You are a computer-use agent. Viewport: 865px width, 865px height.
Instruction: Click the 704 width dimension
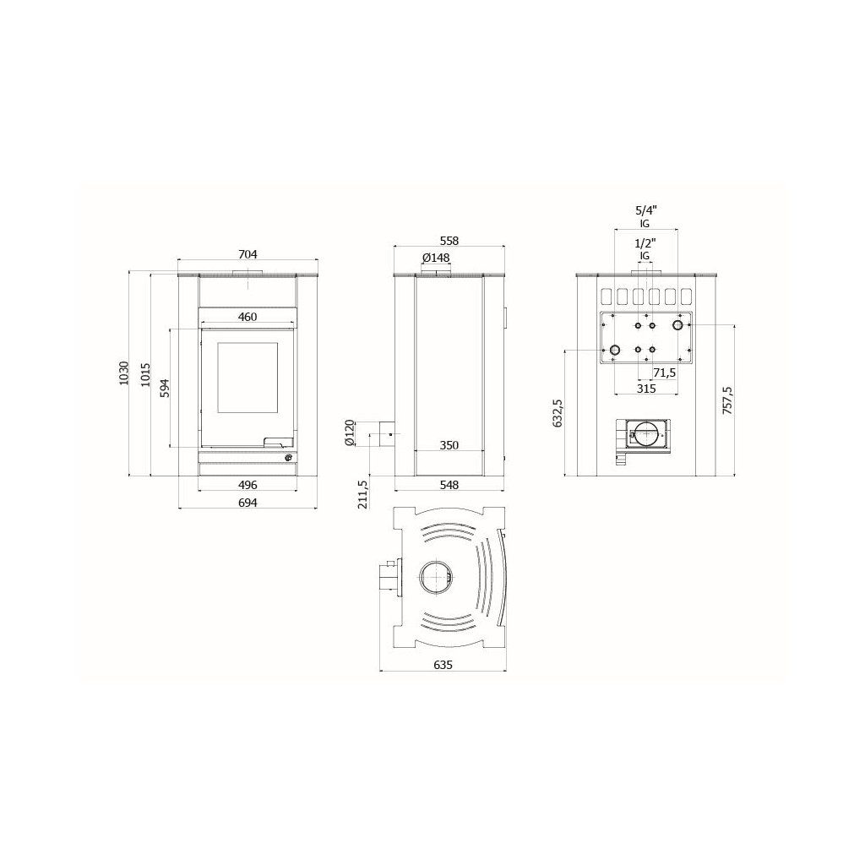pos(248,254)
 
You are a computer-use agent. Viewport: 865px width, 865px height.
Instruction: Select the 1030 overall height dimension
pos(123,373)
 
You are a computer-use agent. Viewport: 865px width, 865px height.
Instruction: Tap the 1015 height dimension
pos(145,374)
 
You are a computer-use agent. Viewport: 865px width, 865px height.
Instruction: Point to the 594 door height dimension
pos(165,388)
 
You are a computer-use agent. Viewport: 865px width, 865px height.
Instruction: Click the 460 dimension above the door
pos(248,317)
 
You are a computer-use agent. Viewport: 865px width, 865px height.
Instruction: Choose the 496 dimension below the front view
pos(248,485)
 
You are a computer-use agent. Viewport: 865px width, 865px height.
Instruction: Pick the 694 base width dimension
pos(248,503)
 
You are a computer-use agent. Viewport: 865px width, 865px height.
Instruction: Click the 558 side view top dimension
pos(449,241)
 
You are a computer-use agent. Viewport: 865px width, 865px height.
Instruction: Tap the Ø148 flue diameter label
pos(436,258)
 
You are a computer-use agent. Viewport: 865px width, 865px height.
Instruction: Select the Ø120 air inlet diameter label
pos(348,432)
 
